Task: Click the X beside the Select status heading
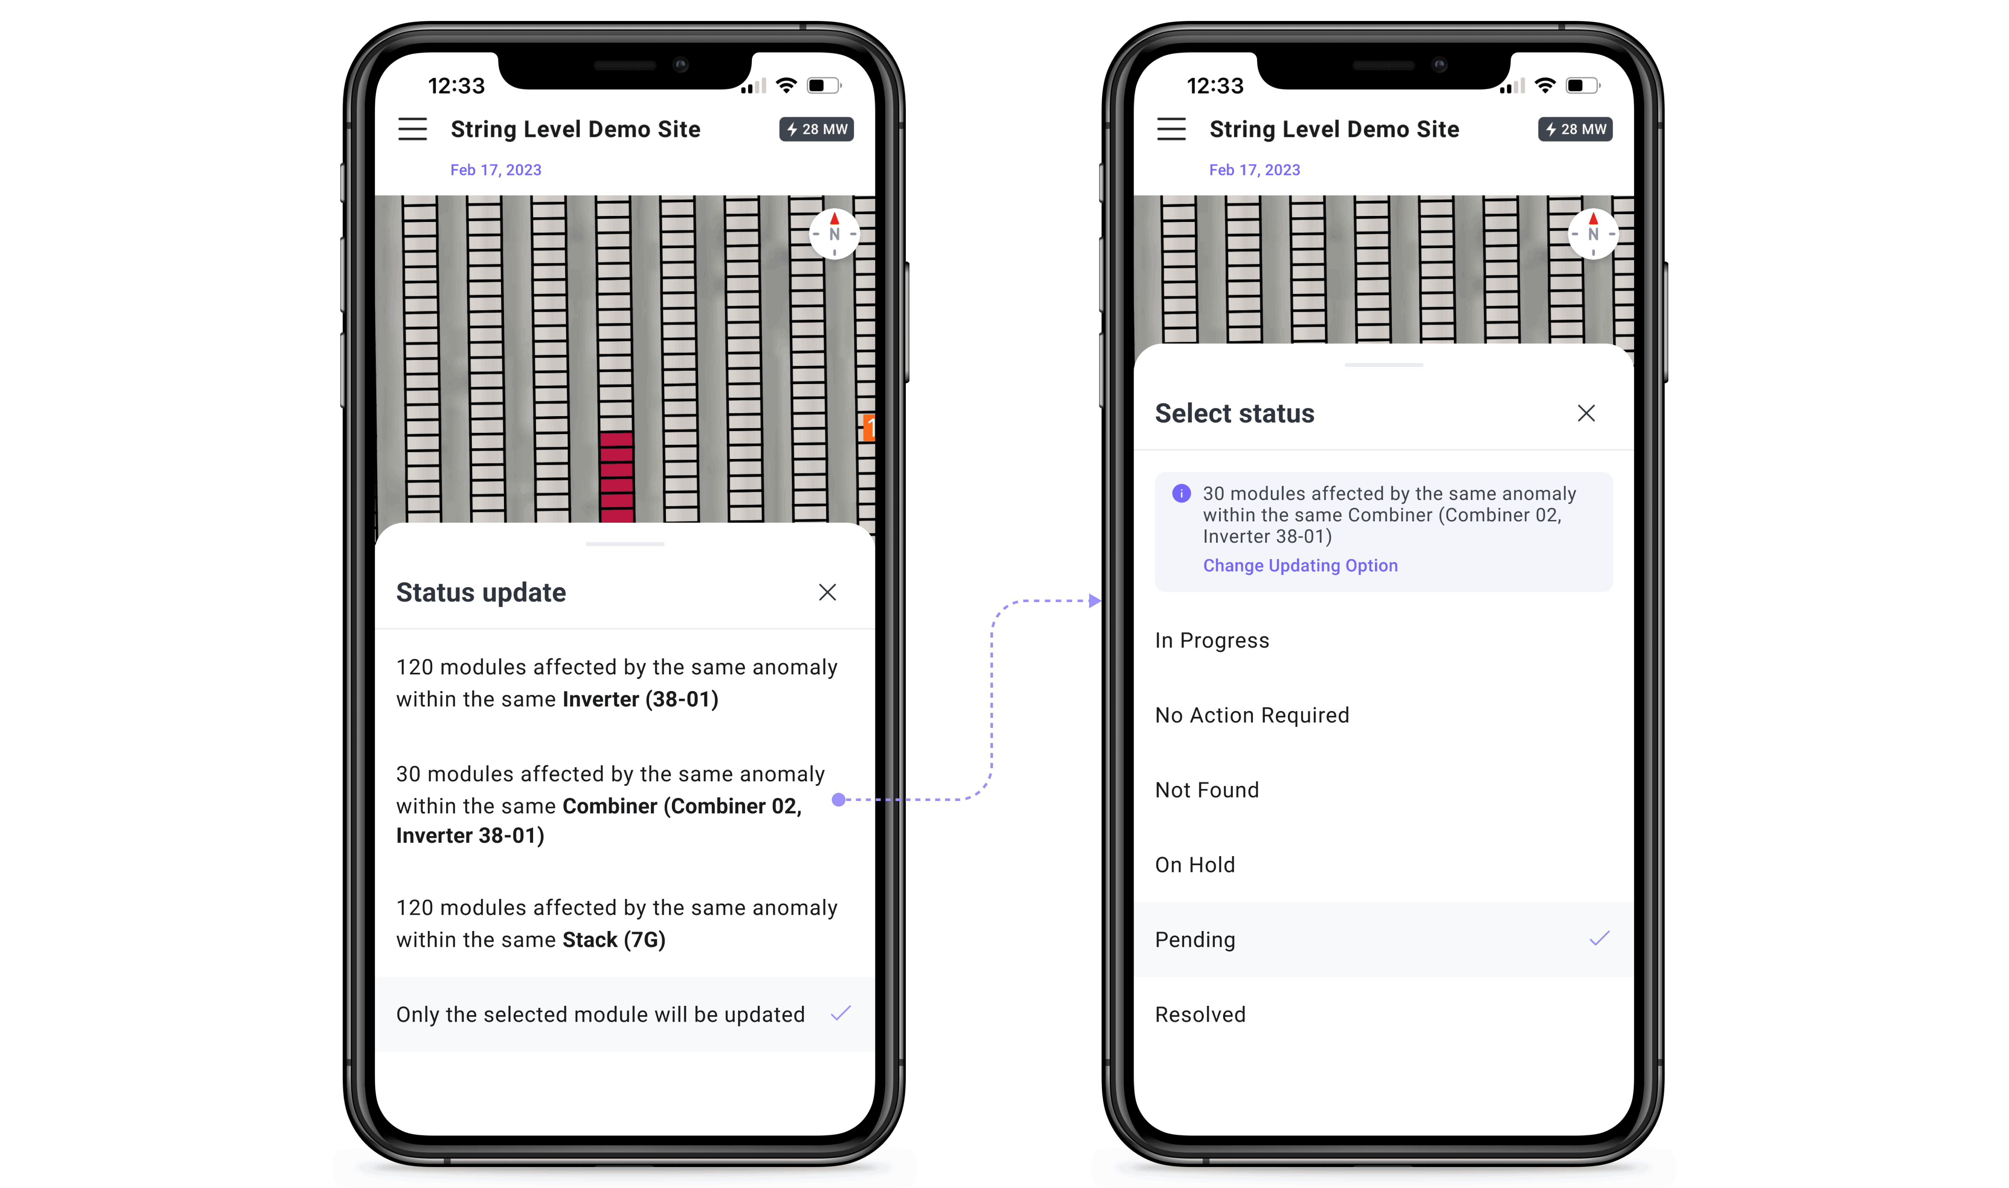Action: point(1586,413)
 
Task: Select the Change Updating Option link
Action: point(1300,565)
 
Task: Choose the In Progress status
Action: point(1212,641)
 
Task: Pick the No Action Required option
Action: point(1252,715)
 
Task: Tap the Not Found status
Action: point(1207,790)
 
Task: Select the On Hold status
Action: point(1195,865)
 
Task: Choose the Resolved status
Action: point(1200,1014)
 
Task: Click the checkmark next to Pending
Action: point(1600,938)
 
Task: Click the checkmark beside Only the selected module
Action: point(841,1014)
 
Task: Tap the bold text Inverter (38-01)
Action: point(640,699)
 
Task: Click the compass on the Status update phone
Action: point(834,234)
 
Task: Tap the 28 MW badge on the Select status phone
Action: point(1575,129)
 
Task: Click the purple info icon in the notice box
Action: point(1181,493)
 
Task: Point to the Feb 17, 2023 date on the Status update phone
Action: point(495,170)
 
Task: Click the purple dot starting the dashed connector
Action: point(839,799)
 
